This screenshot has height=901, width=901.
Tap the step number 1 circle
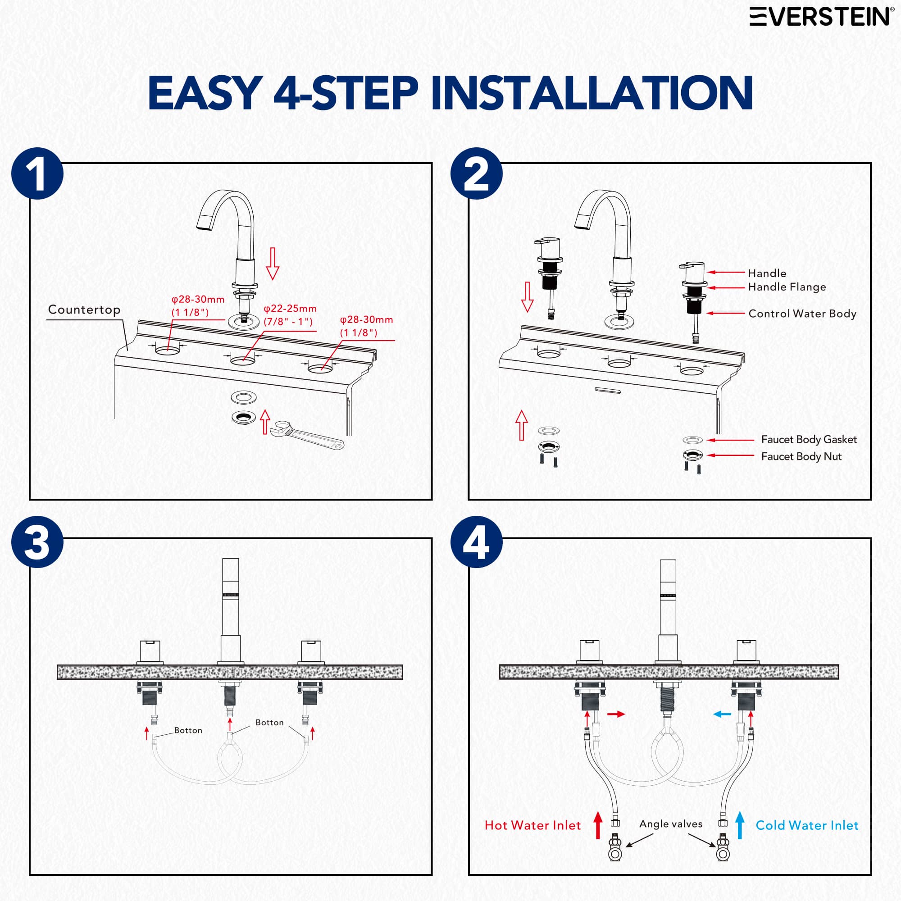37,173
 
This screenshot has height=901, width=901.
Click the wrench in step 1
306,435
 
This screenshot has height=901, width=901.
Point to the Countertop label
84,309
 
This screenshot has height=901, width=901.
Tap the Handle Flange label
787,287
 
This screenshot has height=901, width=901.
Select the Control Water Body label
802,314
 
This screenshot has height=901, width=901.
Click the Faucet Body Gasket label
809,439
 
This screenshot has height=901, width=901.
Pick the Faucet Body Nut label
801,456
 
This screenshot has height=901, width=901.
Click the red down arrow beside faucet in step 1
273,264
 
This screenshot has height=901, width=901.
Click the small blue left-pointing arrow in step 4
723,714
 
